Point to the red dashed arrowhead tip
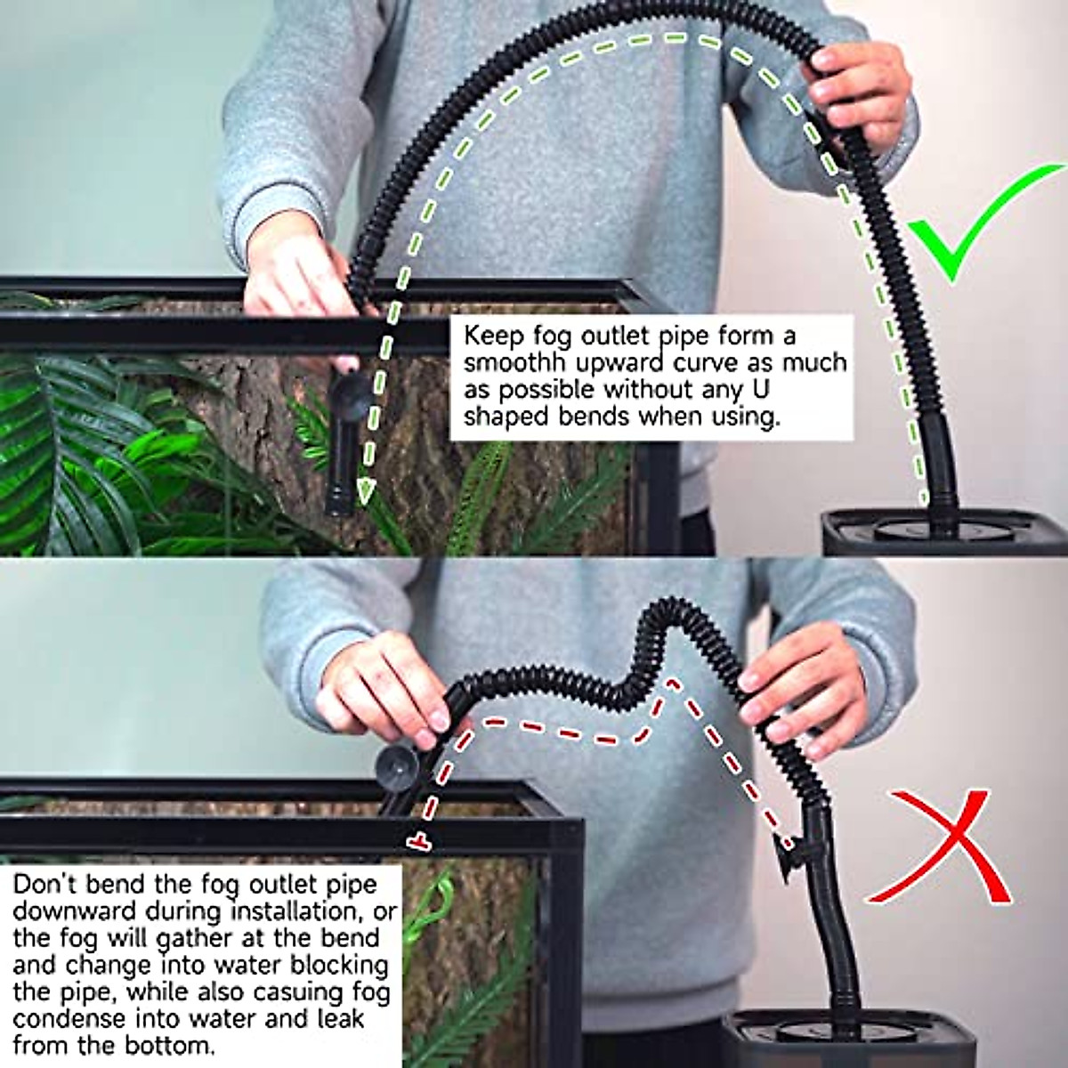coord(416,839)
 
